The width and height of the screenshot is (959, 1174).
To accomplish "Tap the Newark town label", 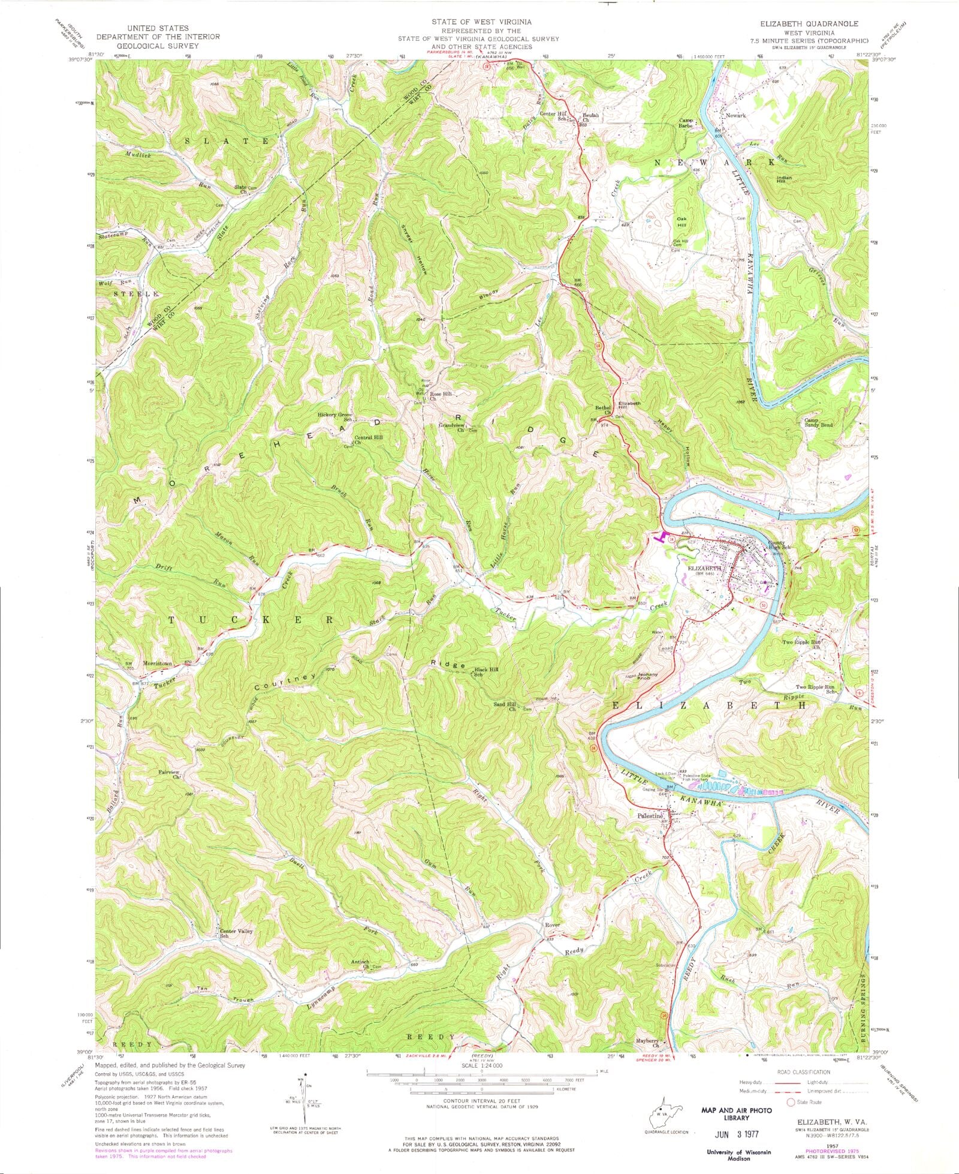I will tap(735, 115).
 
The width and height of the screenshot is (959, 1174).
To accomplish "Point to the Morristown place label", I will tap(158, 663).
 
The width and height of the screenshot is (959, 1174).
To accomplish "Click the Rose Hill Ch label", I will tap(441, 396).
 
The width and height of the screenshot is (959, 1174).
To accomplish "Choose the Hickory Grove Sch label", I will tap(337, 417).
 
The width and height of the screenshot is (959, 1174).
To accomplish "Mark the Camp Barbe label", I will tap(686, 123).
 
